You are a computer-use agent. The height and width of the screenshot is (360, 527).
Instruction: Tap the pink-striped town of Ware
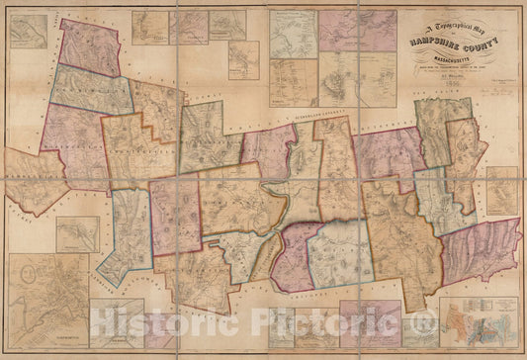coord(480,247)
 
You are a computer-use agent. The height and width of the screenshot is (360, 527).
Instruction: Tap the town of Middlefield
coord(35,178)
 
